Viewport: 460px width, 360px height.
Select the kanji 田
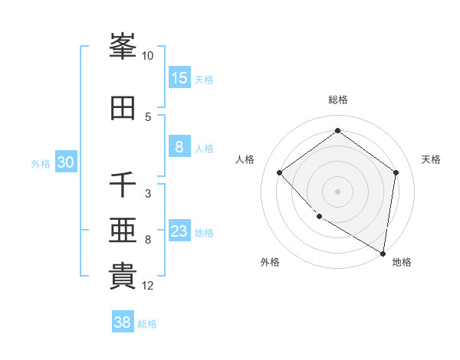coord(123,108)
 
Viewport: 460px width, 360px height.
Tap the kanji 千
coord(123,185)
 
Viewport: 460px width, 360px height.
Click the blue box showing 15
coord(179,78)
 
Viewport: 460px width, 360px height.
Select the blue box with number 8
coord(179,147)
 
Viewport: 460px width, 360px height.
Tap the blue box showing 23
coord(179,231)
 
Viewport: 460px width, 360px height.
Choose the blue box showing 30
coord(65,162)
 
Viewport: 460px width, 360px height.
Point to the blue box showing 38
coord(123,322)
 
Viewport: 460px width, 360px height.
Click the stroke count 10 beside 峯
coord(148,56)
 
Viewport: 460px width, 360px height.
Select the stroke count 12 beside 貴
coord(148,286)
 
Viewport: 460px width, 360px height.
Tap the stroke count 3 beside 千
coord(148,194)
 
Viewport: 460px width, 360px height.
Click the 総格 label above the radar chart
coord(337,100)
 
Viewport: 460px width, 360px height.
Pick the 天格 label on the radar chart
coord(431,159)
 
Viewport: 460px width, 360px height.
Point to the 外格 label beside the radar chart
coord(269,262)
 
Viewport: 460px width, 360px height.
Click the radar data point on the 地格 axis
coord(383,252)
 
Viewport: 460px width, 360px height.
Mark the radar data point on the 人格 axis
coord(280,172)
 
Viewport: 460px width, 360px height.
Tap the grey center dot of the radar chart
coord(337,191)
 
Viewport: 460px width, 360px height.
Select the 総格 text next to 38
coord(147,324)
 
